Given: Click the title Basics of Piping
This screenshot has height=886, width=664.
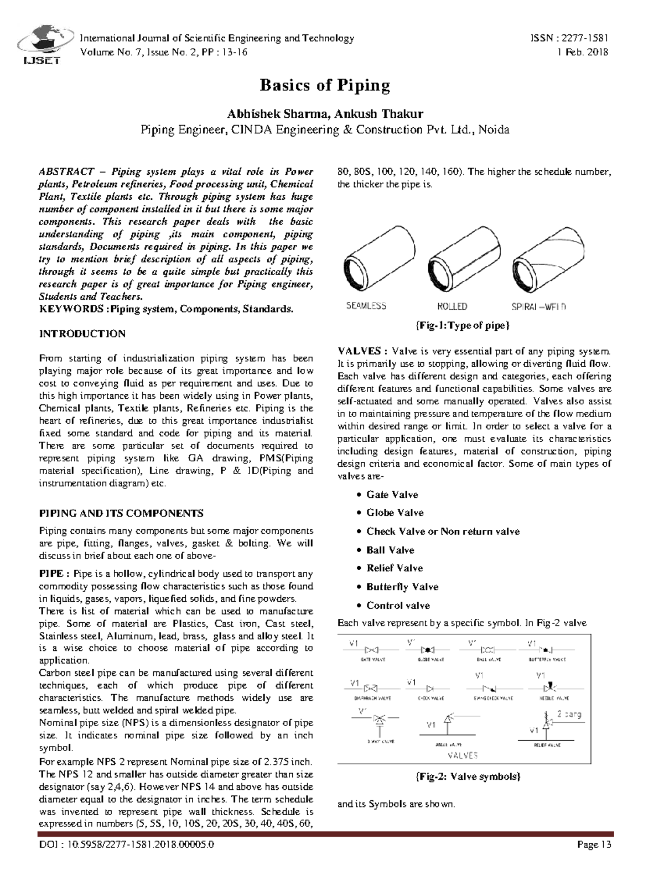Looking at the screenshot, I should point(325,85).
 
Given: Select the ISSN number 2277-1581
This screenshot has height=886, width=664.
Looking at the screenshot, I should point(585,38).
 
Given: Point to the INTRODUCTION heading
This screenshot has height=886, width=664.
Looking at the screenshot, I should point(82,333).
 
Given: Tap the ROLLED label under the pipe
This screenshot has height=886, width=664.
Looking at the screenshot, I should point(452,306).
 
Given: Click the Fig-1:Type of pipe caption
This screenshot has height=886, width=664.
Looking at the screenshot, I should point(462,326).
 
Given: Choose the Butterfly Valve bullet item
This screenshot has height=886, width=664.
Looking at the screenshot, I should point(402,587).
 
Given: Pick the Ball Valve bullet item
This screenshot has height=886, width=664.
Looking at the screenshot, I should point(390,550).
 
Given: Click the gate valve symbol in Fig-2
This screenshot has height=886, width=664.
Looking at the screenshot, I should point(373,649).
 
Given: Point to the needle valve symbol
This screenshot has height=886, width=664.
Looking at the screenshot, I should point(550,688).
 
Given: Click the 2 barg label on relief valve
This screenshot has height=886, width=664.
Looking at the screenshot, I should point(569,714).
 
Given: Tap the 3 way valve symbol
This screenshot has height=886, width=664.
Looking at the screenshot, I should point(379,720).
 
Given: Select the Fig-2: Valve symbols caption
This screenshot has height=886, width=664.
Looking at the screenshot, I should point(468,776).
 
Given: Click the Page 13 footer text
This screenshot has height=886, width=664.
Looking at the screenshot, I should point(594,845).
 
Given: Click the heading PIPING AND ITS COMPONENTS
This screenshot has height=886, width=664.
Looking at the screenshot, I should point(121,513).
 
